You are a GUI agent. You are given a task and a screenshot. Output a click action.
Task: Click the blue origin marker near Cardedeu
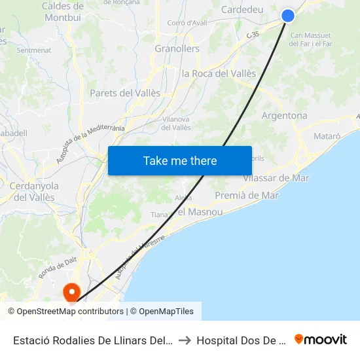pos(288,16)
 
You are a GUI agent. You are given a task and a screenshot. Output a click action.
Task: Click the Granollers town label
pos(177,48)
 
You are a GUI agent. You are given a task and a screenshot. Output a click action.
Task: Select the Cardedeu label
pos(242,9)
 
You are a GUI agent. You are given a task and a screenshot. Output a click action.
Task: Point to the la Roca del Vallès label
pos(219,73)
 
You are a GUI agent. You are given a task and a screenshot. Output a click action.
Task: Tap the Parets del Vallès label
pos(124,93)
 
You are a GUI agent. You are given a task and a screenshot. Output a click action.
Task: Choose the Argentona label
pos(284,116)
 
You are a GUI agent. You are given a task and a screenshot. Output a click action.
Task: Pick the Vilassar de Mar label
pos(276,178)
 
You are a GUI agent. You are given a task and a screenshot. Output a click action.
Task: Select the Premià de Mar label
pos(247,195)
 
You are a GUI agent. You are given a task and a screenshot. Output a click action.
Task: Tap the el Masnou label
pos(200,211)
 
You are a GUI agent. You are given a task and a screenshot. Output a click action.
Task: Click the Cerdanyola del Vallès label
pos(34,191)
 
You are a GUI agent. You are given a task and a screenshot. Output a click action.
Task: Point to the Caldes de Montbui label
pos(62,12)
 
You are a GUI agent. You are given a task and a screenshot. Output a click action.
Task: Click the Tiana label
pos(159,215)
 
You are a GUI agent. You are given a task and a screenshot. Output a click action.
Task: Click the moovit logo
pos(321,340)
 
